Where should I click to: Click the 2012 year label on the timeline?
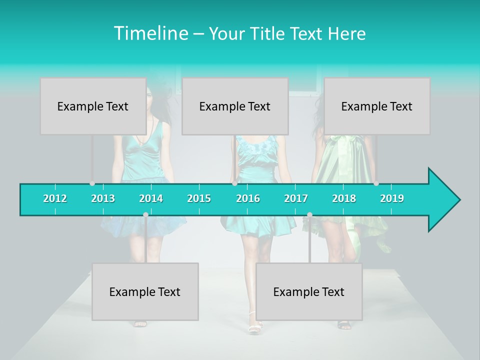pos(55,198)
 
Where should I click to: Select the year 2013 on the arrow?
pos(103,198)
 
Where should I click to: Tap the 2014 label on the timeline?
pos(151,198)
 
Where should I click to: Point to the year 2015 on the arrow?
pos(199,198)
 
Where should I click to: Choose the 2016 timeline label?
pos(248,198)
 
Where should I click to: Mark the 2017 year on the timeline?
pos(296,198)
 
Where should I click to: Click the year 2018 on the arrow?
pos(344,198)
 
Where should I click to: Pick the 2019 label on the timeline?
pos(392,198)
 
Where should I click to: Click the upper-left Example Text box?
pos(93,106)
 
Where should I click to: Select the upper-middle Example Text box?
pos(235,106)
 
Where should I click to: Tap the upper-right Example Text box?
pos(377,106)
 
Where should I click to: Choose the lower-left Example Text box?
pos(145,291)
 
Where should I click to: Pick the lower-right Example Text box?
pos(309,291)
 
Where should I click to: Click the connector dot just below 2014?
pos(145,214)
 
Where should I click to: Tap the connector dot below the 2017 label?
pos(309,214)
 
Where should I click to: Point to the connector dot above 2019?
pos(376,183)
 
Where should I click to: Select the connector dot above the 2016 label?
pos(234,183)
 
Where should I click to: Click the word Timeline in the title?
pos(150,33)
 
